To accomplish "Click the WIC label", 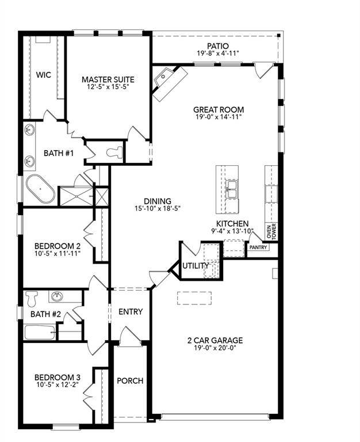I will pos(44,75).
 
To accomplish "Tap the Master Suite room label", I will pos(108,79).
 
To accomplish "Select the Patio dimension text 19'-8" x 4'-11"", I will pos(217,54).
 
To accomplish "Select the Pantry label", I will pos(259,248).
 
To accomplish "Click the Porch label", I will pos(130,381).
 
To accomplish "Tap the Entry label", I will pos(130,312).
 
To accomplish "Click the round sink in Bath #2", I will pos(57,298).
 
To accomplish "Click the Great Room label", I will pos(218,109).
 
